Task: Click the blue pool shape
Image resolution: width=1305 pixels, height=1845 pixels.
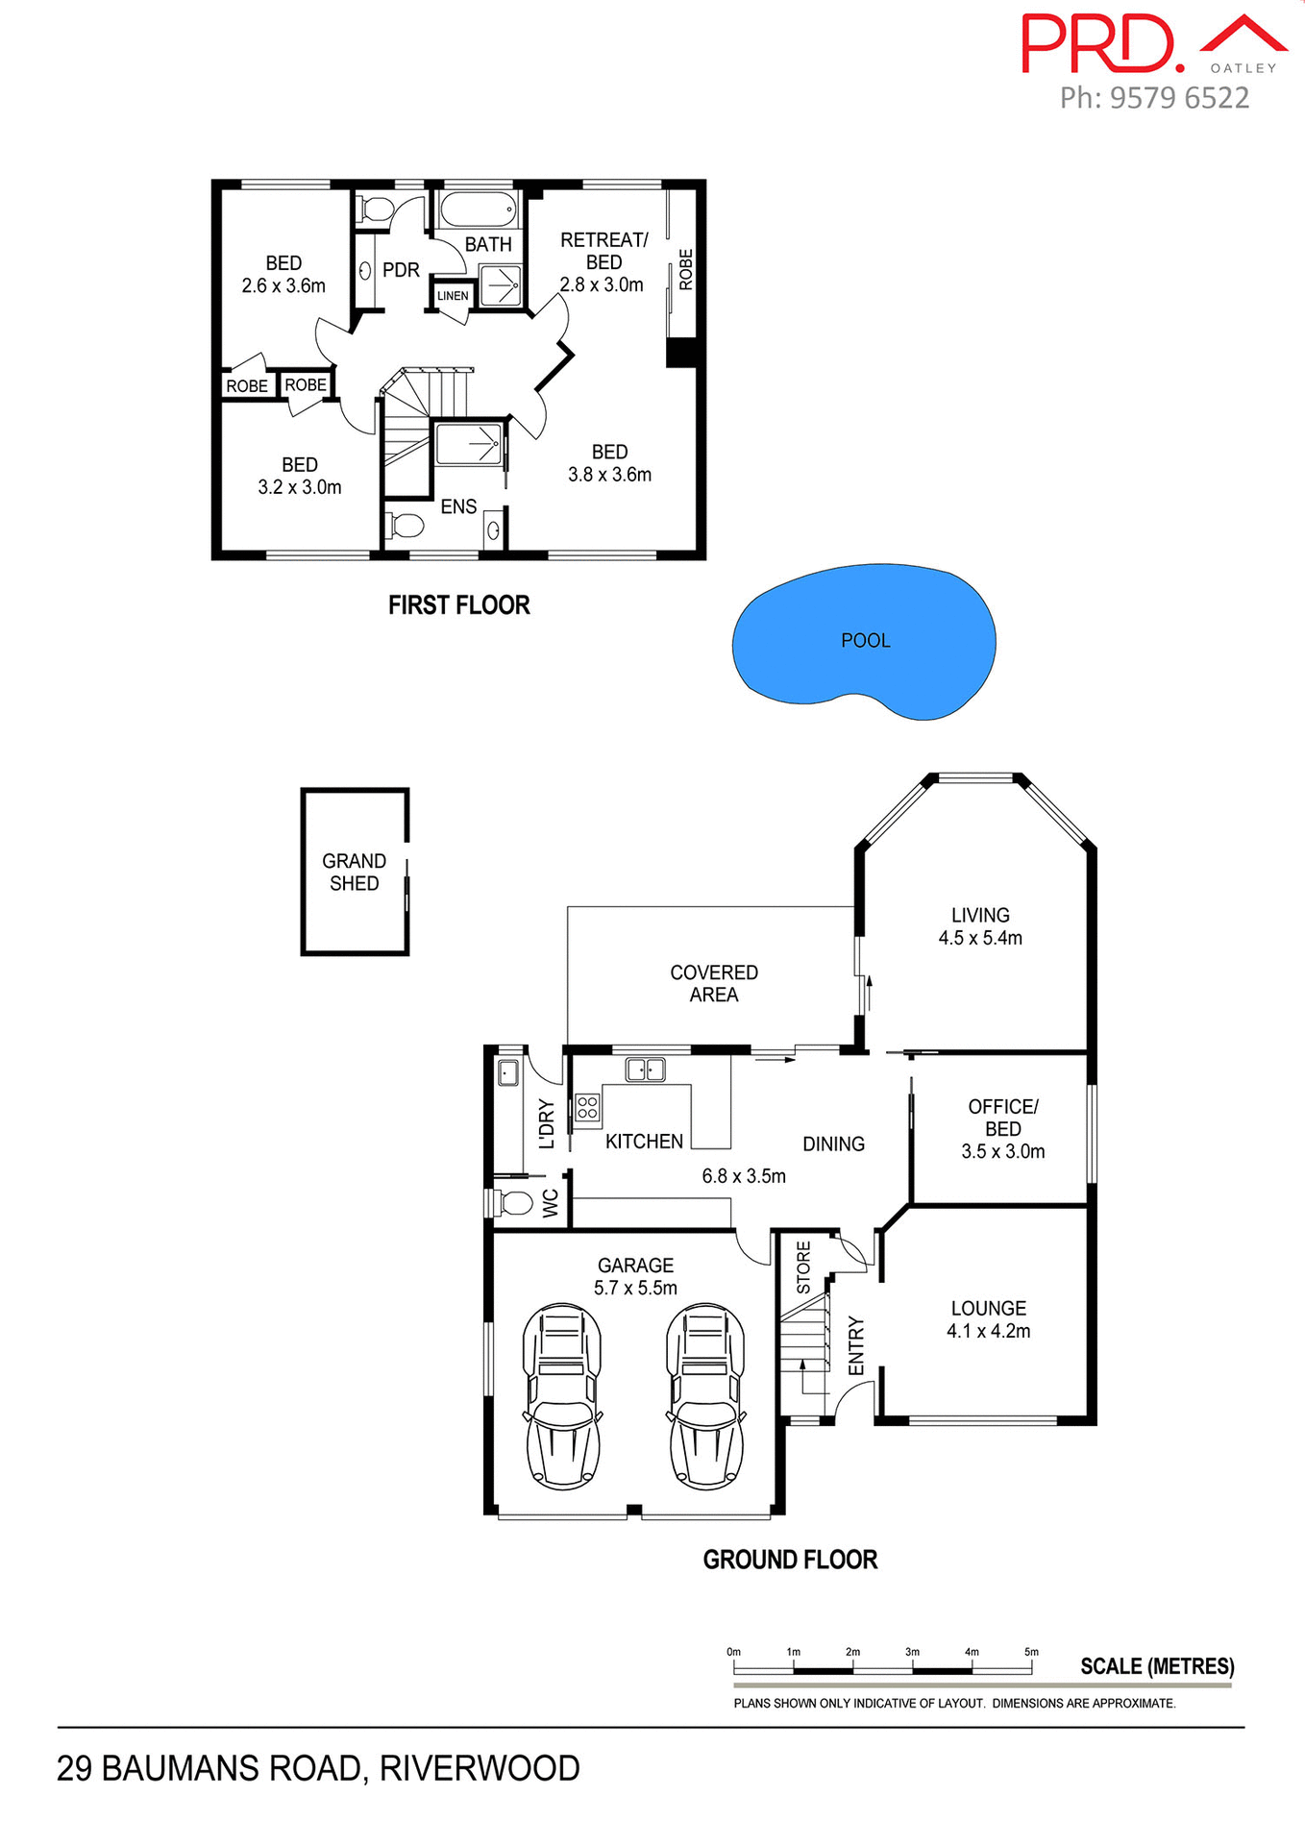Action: click(862, 640)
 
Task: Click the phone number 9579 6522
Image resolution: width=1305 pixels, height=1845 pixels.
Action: click(1179, 98)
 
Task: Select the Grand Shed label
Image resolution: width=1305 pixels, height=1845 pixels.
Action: click(354, 872)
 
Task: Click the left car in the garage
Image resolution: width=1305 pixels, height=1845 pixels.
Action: click(562, 1395)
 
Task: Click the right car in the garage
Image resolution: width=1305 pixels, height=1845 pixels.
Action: click(706, 1395)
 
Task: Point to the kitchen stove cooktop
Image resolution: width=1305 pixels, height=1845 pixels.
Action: click(587, 1107)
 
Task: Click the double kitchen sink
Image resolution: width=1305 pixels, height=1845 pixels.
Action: click(646, 1069)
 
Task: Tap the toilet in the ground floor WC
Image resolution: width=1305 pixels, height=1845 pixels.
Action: click(513, 1203)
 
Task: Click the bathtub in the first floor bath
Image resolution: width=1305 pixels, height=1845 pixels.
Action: click(479, 209)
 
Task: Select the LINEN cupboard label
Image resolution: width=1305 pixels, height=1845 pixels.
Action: click(453, 296)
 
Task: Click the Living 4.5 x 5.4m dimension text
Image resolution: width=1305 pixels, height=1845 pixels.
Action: click(980, 938)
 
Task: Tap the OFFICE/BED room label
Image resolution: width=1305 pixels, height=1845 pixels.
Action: click(1002, 1118)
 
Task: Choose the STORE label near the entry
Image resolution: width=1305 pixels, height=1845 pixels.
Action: click(803, 1267)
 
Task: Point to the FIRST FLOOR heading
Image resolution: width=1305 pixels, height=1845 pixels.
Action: click(458, 604)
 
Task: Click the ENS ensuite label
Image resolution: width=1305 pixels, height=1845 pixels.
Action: click(458, 506)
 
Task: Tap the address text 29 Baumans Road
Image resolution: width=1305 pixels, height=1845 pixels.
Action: click(318, 1768)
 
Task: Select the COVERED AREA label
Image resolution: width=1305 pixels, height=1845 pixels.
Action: click(713, 983)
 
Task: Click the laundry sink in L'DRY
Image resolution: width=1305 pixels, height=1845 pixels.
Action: click(508, 1072)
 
